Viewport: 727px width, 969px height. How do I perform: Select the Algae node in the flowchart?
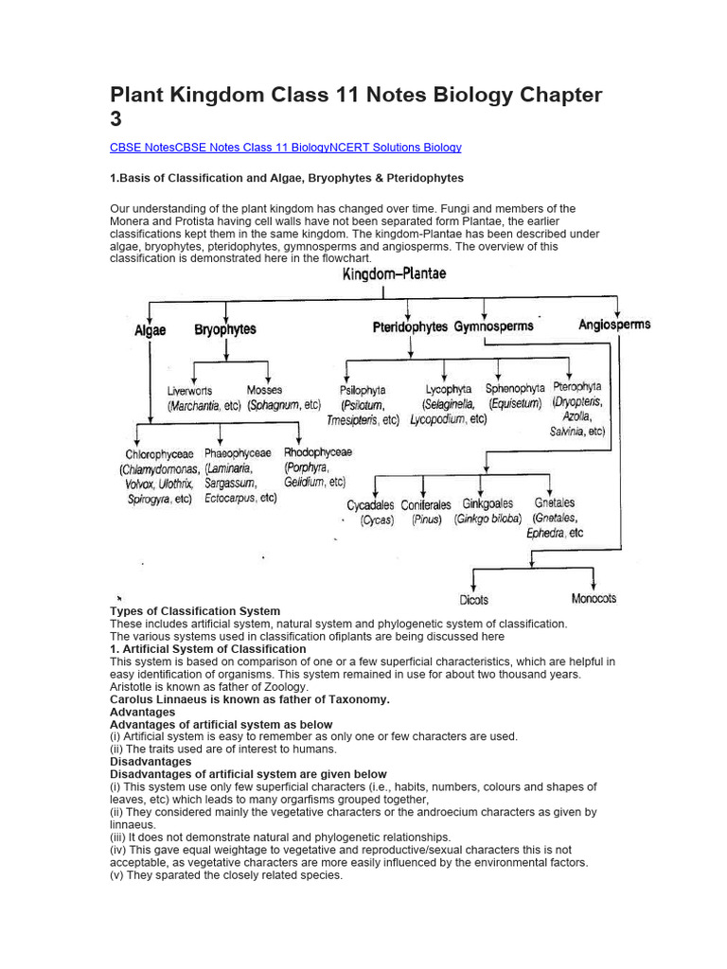pyautogui.click(x=150, y=330)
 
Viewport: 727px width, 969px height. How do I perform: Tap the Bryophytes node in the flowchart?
pyautogui.click(x=224, y=330)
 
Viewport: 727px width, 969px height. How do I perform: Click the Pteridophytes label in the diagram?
pyautogui.click(x=409, y=327)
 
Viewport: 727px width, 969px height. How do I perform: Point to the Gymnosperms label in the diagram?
pyautogui.click(x=493, y=326)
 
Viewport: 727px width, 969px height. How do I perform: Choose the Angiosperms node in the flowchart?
pyautogui.click(x=614, y=325)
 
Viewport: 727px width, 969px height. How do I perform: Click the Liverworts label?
pyautogui.click(x=189, y=391)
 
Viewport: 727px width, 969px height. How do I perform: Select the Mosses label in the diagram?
pyautogui.click(x=264, y=390)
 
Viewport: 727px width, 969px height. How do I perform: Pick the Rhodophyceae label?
pyautogui.click(x=318, y=452)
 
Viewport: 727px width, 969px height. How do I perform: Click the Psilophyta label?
pyautogui.click(x=363, y=390)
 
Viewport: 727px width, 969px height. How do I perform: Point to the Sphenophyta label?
pyautogui.click(x=515, y=388)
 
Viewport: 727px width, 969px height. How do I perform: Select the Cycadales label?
pyautogui.click(x=370, y=505)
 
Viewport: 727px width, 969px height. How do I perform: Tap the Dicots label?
pyautogui.click(x=473, y=599)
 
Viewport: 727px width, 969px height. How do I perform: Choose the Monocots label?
pyautogui.click(x=594, y=598)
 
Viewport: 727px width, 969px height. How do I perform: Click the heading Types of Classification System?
pyautogui.click(x=195, y=611)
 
